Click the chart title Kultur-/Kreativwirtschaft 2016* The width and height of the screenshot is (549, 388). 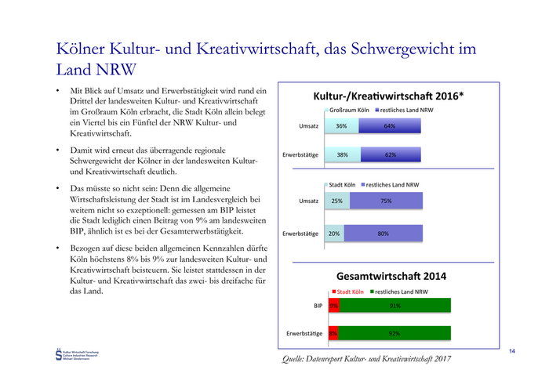(389, 96)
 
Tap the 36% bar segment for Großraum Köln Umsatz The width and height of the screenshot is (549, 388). (341, 125)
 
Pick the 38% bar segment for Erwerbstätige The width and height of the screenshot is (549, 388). (342, 154)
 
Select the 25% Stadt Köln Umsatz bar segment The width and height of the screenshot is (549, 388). (336, 201)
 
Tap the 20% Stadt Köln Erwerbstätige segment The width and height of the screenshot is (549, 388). (334, 233)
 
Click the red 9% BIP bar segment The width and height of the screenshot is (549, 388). (333, 306)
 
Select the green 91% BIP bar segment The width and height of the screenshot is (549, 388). (395, 306)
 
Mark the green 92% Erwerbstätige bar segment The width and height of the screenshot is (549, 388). (394, 333)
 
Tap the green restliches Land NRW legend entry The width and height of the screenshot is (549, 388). (400, 292)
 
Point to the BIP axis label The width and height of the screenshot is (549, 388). (317, 306)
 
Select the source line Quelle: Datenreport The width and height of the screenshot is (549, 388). (368, 358)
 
